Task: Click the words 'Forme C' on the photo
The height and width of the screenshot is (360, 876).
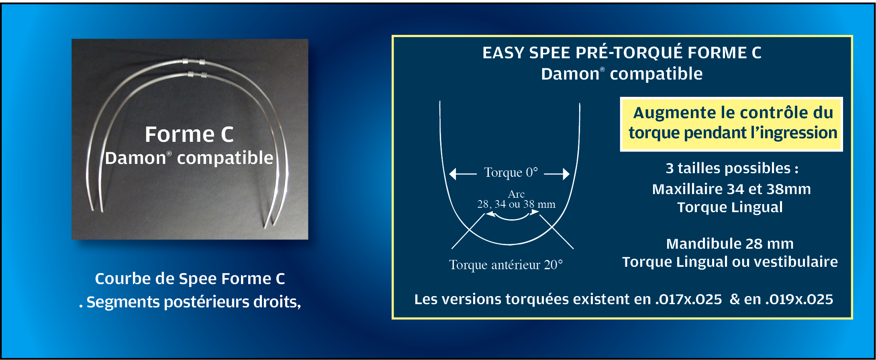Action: point(189,134)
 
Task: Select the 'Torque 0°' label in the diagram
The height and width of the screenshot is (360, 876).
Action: point(511,172)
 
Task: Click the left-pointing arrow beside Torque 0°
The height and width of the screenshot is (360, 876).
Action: point(463,174)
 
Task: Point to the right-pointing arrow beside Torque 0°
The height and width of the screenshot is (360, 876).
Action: point(557,174)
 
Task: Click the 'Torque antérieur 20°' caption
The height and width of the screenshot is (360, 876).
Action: point(506,265)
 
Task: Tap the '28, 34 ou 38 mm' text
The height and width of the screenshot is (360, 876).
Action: point(516,204)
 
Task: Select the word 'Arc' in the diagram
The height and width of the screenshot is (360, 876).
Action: point(516,194)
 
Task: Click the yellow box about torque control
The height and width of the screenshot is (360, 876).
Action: point(731,124)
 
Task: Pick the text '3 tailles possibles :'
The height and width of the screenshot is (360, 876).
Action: point(732,168)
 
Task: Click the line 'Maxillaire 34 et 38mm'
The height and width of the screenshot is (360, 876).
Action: point(731,189)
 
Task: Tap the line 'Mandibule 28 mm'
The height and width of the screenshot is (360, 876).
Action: point(730,244)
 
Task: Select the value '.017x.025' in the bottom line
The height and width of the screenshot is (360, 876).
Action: point(688,300)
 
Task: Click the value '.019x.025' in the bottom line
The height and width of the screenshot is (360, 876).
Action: point(799,300)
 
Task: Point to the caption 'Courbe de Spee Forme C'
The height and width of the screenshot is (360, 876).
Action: point(190,279)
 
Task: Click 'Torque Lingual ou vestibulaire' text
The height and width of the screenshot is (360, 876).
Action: point(730,262)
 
